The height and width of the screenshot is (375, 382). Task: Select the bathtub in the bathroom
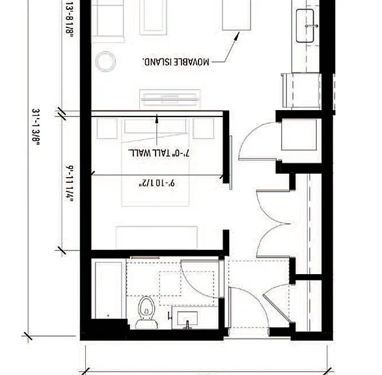click(109, 290)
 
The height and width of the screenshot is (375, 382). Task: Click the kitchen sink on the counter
click(305, 26)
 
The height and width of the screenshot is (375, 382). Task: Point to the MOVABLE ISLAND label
click(176, 62)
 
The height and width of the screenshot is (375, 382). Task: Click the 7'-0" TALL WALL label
click(159, 153)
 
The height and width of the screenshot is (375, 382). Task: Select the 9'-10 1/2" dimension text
click(157, 183)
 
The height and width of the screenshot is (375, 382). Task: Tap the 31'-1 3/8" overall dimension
click(36, 127)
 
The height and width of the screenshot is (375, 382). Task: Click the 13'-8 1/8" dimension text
click(69, 20)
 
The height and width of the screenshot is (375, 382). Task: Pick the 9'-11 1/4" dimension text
click(69, 184)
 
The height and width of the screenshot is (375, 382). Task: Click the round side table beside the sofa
click(105, 62)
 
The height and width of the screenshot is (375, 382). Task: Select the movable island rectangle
click(237, 14)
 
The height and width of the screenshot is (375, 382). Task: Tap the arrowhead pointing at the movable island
click(237, 36)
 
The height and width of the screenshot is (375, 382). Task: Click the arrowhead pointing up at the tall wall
click(157, 118)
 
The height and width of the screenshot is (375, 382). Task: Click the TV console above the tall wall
click(170, 99)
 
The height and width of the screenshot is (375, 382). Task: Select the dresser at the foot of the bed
click(157, 238)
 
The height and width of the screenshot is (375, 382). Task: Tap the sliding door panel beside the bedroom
click(231, 163)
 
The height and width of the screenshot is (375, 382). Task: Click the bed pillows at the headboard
click(156, 126)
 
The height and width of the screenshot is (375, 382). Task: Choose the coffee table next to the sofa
click(153, 17)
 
